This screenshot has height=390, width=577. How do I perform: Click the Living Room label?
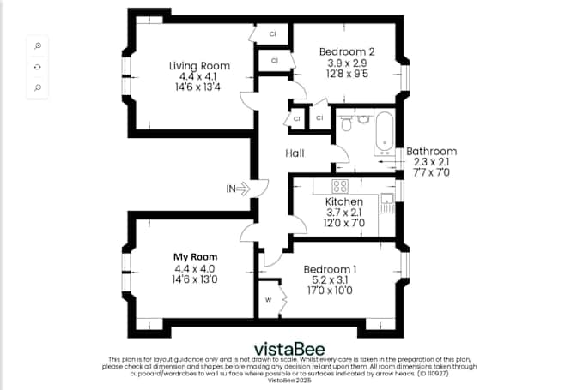[199, 66]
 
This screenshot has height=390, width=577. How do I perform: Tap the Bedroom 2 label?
[347, 51]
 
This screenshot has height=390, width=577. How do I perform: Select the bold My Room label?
[196, 257]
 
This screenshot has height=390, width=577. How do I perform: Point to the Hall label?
[295, 153]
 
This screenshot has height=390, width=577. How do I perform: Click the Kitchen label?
[344, 201]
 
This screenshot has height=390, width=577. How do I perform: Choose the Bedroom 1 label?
[330, 269]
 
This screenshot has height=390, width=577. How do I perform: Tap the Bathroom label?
[432, 152]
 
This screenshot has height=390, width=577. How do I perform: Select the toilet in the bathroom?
[345, 123]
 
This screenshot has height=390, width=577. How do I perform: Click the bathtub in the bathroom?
[385, 133]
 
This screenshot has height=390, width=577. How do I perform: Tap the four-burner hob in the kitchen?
[340, 186]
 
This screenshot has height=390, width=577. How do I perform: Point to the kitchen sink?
[387, 203]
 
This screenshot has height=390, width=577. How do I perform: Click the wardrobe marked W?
[270, 299]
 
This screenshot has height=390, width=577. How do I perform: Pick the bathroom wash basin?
[363, 119]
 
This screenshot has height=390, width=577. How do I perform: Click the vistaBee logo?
[289, 349]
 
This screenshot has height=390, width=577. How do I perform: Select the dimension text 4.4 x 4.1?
[198, 77]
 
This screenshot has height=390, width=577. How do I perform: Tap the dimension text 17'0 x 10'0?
[330, 291]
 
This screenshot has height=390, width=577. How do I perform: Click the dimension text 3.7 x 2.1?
[344, 213]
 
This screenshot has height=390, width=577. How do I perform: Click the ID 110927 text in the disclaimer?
[433, 374]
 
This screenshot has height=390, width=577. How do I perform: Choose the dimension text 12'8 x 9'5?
[347, 74]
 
